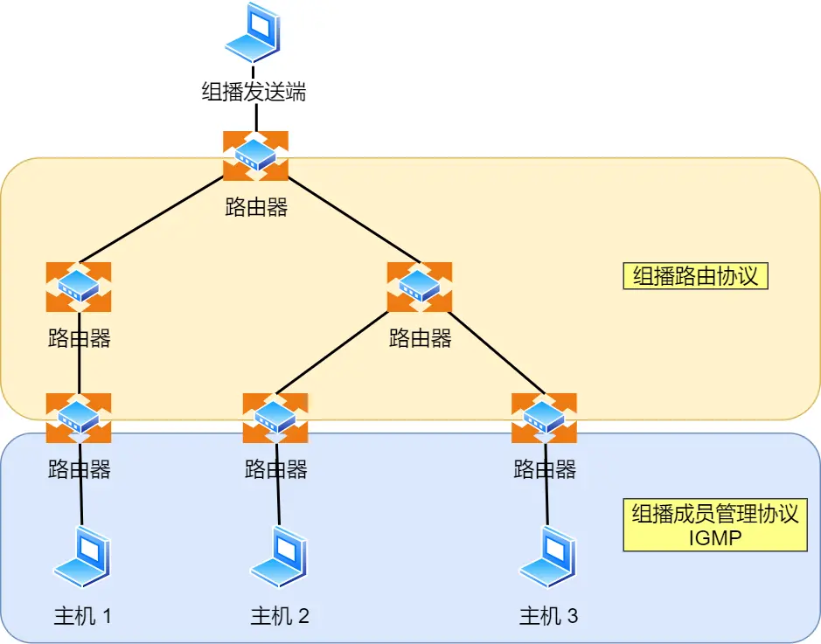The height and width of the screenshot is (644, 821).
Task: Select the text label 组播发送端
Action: click(x=254, y=92)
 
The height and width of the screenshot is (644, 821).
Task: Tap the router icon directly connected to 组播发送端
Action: click(x=255, y=156)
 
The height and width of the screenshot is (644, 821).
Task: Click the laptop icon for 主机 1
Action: click(x=81, y=557)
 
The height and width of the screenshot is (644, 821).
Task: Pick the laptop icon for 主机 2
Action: click(x=279, y=557)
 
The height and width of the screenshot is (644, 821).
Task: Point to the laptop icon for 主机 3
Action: click(x=548, y=557)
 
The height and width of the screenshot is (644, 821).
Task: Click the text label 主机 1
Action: click(x=82, y=616)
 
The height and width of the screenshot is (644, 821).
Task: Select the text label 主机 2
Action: click(x=280, y=616)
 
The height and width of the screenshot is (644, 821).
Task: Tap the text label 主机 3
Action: click(x=548, y=616)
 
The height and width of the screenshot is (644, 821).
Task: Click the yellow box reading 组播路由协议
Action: click(x=695, y=276)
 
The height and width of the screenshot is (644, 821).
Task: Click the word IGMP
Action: click(x=714, y=537)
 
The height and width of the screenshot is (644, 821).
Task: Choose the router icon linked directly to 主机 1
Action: click(x=79, y=418)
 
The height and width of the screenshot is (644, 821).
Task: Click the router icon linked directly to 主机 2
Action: click(x=275, y=418)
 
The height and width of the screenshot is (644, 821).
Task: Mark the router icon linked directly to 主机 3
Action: click(x=544, y=418)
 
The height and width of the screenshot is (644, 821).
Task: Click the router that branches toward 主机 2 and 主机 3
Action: click(x=420, y=287)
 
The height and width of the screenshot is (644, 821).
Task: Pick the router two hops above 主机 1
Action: click(x=79, y=287)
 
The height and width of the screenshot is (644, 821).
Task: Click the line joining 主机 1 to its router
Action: click(x=80, y=502)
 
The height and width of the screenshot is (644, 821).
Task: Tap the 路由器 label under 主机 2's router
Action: click(x=276, y=469)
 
